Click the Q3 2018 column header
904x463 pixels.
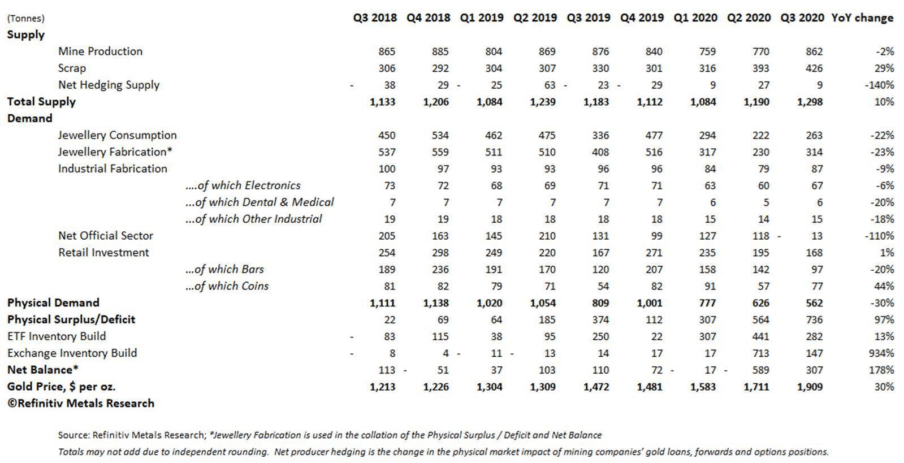click(x=375, y=18)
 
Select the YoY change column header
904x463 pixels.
click(x=862, y=18)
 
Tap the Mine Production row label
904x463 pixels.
click(x=100, y=51)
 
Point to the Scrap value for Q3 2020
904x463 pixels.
click(x=814, y=68)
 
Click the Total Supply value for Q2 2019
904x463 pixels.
click(x=543, y=102)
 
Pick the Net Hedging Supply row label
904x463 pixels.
click(x=109, y=85)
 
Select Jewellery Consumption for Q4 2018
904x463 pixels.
click(x=440, y=135)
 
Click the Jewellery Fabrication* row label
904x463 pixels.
click(x=115, y=152)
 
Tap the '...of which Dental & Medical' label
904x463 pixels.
click(x=259, y=202)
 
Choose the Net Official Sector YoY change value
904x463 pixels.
click(x=879, y=236)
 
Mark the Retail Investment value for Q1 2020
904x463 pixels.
click(x=707, y=253)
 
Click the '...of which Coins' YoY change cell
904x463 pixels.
click(x=884, y=286)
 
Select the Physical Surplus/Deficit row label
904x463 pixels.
click(x=71, y=319)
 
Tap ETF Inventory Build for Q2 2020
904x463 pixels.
click(x=760, y=336)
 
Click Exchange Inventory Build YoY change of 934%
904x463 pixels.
click(x=881, y=353)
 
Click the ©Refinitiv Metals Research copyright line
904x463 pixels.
click(x=80, y=404)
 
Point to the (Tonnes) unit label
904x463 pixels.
click(x=25, y=18)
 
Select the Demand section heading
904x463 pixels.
click(x=29, y=118)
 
